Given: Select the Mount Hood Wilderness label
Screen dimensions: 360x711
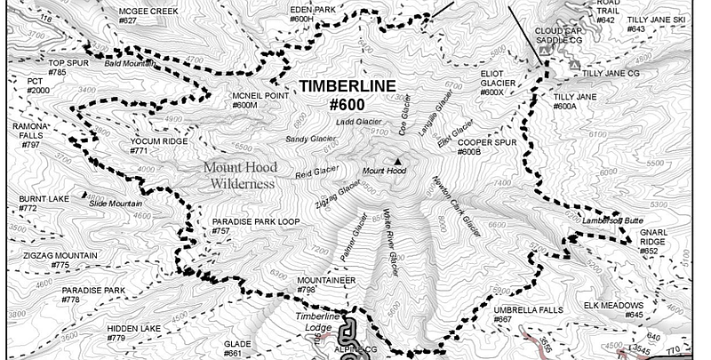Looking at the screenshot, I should [x=239, y=175].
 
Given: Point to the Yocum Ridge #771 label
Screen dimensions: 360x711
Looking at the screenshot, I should [x=159, y=146].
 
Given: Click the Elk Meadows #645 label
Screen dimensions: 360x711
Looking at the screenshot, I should [x=613, y=309].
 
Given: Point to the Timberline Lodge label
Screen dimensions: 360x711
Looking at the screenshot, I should [x=318, y=321].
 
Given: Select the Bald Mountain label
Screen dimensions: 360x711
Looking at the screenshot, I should [x=124, y=64].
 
